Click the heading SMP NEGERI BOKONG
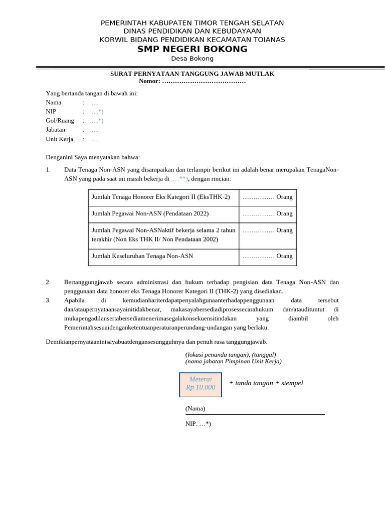point(192,49)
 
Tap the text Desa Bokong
point(192,58)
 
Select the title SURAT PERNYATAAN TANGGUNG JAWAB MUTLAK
point(192,74)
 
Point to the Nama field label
point(54,102)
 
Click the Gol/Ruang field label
point(60,120)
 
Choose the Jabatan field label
point(56,129)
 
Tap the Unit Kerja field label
point(60,139)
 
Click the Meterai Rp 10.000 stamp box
point(201,384)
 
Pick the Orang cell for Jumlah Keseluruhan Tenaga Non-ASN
point(267,256)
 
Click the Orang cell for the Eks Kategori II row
point(267,197)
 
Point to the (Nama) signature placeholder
point(195,408)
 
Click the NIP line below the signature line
point(198,423)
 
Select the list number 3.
point(48,300)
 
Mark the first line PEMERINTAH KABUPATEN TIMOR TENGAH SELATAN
point(192,23)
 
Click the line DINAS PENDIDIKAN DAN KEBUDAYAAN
point(192,31)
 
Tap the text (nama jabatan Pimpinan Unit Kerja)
point(233,361)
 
